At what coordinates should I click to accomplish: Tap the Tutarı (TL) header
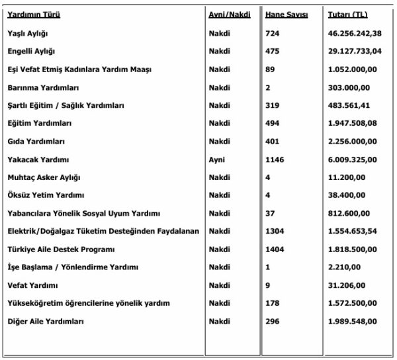[347, 14]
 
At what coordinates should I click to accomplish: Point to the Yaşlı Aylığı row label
[28, 33]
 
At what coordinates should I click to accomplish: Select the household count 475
[273, 51]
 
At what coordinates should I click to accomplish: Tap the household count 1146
[275, 159]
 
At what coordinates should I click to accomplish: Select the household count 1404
[275, 249]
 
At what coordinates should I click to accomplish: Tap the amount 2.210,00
[343, 267]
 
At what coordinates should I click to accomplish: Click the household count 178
[273, 303]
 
